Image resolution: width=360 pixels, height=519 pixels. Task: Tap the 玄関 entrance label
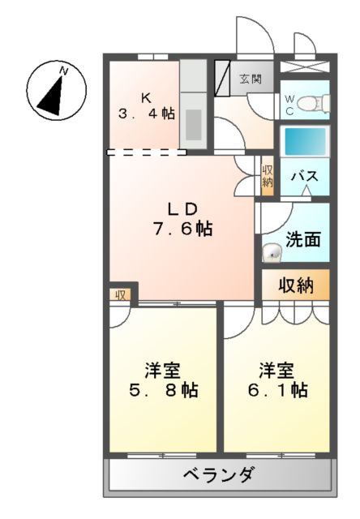(x=251, y=79)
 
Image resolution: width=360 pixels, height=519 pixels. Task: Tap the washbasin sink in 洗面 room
(x=272, y=254)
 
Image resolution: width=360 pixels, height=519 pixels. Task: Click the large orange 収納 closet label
(x=296, y=285)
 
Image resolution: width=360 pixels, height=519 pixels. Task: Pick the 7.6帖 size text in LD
(x=182, y=229)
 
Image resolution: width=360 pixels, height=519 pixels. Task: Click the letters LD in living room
(x=182, y=207)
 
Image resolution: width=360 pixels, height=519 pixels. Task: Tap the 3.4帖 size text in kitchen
(x=146, y=114)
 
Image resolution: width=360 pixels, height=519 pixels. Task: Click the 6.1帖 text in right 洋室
(x=276, y=390)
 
